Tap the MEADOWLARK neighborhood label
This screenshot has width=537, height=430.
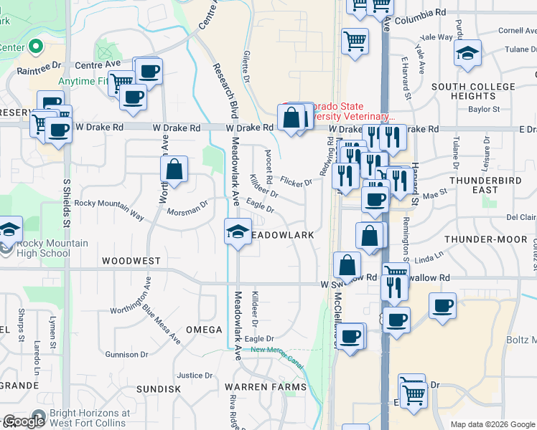coord(284,235)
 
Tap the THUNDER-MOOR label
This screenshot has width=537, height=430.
coord(481,239)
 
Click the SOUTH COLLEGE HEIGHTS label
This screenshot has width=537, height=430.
coord(473,91)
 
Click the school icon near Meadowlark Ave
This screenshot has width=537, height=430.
coord(238,231)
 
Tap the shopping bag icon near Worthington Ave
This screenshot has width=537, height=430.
coord(174,170)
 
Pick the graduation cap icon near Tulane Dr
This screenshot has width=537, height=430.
coord(467,53)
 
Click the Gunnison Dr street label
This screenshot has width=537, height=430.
coord(126,354)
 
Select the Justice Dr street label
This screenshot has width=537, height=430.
coord(190,375)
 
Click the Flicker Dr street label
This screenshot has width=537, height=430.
coord(296,182)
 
